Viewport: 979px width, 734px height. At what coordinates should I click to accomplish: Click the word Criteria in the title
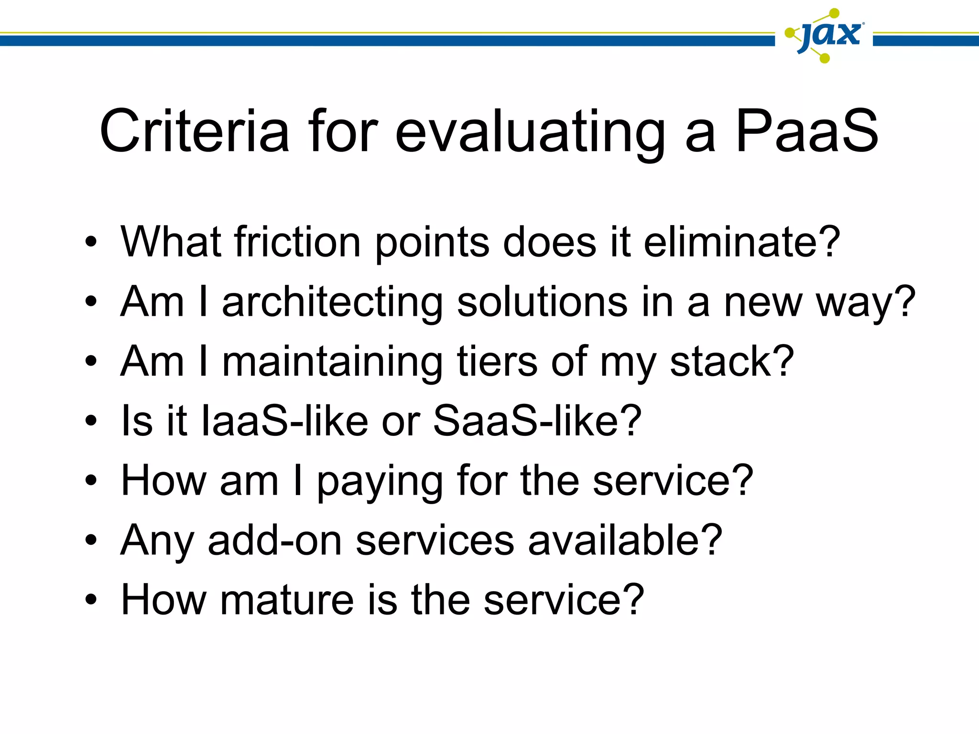(194, 131)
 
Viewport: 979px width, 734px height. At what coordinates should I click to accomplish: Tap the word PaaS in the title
(806, 131)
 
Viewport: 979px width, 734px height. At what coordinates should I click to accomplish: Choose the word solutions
(542, 302)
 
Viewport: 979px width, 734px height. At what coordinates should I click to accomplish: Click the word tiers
(497, 361)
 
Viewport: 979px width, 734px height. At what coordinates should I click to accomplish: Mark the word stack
(722, 361)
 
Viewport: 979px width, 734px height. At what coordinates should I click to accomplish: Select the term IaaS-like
(285, 421)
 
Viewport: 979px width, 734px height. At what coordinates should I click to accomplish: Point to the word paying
(380, 482)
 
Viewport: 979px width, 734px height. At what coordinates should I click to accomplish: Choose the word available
(616, 540)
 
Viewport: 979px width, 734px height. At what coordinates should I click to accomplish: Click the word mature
(287, 600)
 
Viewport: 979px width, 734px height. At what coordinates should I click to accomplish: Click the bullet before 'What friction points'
(91, 242)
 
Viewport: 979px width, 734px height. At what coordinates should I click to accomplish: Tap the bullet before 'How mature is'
(91, 600)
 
